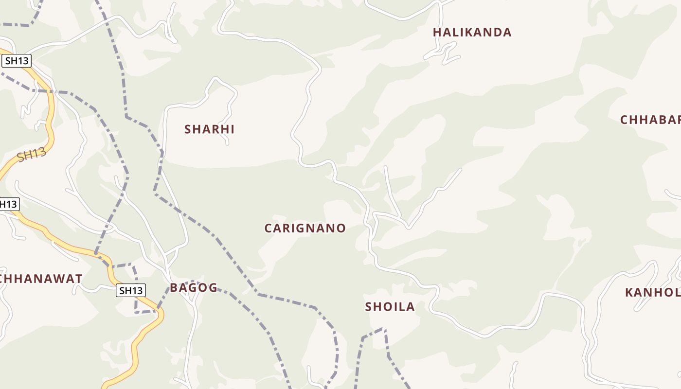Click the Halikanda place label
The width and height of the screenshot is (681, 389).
[472, 33]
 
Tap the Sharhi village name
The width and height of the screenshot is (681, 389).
[209, 129]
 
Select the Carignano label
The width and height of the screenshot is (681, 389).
[305, 228]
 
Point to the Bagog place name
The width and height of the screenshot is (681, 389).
[194, 287]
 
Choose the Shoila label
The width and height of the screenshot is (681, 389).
[390, 307]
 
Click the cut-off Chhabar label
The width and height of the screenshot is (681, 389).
[650, 120]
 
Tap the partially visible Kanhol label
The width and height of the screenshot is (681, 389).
[652, 293]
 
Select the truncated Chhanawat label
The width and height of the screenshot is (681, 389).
[41, 279]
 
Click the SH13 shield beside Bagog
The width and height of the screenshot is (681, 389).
[131, 291]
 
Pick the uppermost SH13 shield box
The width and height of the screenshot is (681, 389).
[17, 61]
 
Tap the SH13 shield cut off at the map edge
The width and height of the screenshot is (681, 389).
[8, 204]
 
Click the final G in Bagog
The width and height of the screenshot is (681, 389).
[213, 288]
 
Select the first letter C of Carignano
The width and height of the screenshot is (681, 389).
[269, 228]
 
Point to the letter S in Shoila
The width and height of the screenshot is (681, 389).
[369, 307]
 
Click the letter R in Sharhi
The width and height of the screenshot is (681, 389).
[214, 129]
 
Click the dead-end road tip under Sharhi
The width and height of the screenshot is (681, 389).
[227, 144]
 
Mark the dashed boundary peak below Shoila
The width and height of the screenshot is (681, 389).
[384, 329]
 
